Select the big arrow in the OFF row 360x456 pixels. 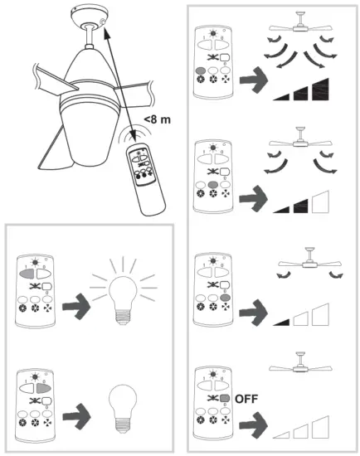coord(252,429)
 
